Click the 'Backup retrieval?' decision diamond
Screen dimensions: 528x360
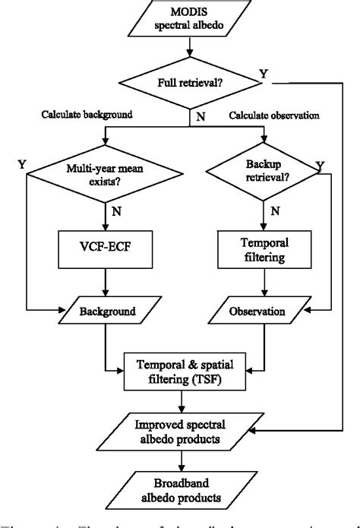pos(264,177)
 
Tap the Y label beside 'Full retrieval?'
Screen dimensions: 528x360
pos(262,74)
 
